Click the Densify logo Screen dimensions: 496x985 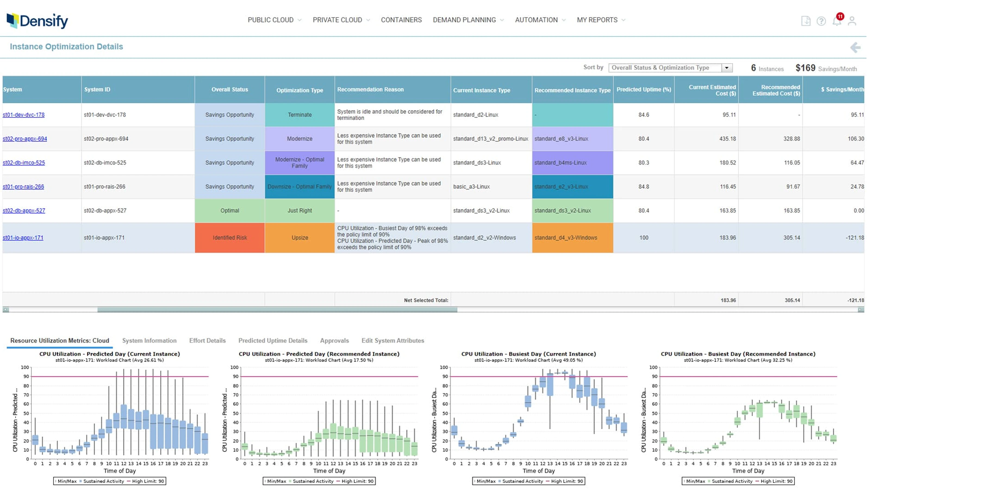pos(38,21)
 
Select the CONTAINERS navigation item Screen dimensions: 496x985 pos(401,20)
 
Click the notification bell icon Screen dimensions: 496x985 pos(837,21)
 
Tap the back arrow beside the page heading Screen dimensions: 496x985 pos(855,47)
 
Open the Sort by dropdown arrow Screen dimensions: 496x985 pos(727,68)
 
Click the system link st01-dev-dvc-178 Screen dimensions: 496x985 pos(24,115)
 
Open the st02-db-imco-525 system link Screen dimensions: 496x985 pos(24,163)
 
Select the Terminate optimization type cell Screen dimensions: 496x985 pos(300,115)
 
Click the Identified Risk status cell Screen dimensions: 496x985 pos(229,237)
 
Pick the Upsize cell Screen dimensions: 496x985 pos(300,237)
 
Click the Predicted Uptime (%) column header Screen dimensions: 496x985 pos(644,89)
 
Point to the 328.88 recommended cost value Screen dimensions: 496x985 pos(791,139)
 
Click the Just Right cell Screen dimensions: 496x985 pos(300,210)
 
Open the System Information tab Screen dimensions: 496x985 pos(149,340)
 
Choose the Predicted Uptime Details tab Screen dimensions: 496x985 pos(273,340)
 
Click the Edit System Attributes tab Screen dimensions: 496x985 pos(393,340)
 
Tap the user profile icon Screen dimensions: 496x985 pos(852,21)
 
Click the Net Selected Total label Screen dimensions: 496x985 pos(426,300)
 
